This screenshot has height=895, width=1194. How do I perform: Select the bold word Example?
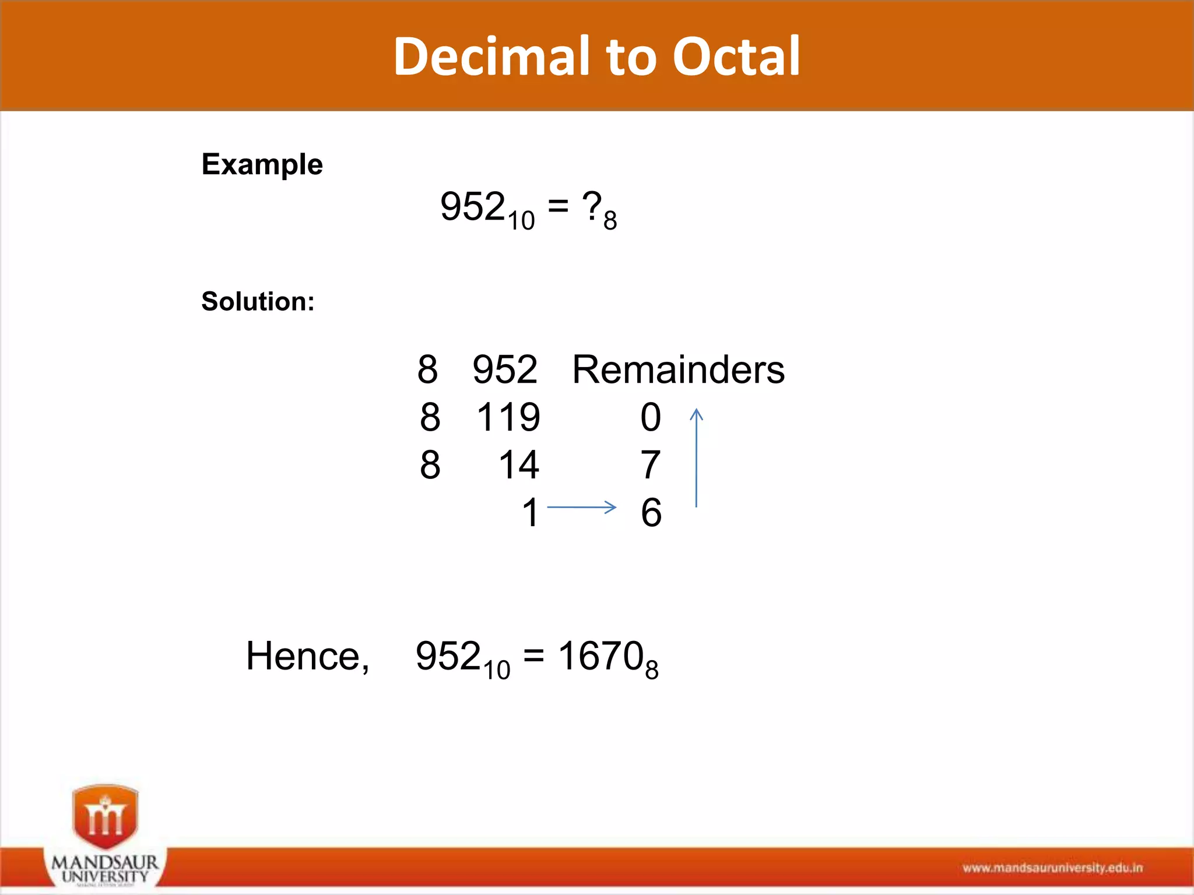coord(262,164)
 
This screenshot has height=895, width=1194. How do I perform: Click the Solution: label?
coord(258,302)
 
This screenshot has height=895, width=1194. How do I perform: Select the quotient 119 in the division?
coord(508,417)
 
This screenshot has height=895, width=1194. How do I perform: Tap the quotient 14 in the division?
coord(519,465)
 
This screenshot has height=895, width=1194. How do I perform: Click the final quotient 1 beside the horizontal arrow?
coord(530,513)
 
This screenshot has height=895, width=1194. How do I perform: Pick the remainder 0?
coord(651,417)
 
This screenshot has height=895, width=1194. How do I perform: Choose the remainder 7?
coord(651,465)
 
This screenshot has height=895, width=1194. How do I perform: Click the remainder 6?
coord(651,513)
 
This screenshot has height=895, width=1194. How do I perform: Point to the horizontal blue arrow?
coord(581,508)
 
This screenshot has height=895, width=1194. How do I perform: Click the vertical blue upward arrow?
coord(697,458)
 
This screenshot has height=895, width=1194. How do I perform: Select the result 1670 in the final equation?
coord(600,656)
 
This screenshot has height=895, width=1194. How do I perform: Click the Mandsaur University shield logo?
coord(106,817)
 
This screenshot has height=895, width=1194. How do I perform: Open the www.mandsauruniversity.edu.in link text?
coord(1052,868)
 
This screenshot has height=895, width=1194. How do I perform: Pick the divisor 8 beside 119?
coord(430,417)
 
